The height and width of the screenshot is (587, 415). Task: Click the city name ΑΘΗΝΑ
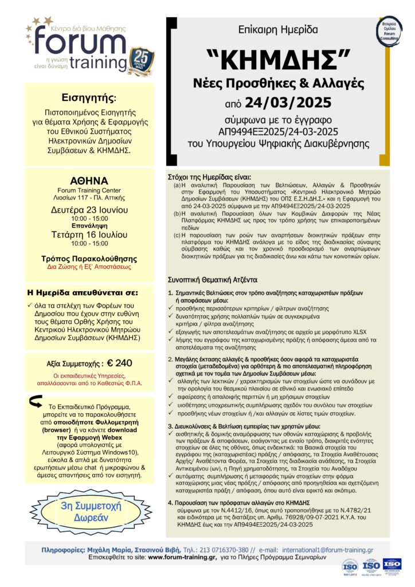click(x=90, y=179)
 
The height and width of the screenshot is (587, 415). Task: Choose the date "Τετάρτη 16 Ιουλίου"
click(x=89, y=234)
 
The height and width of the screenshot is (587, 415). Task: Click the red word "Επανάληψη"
click(x=89, y=226)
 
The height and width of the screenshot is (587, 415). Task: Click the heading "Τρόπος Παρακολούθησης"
click(x=90, y=259)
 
